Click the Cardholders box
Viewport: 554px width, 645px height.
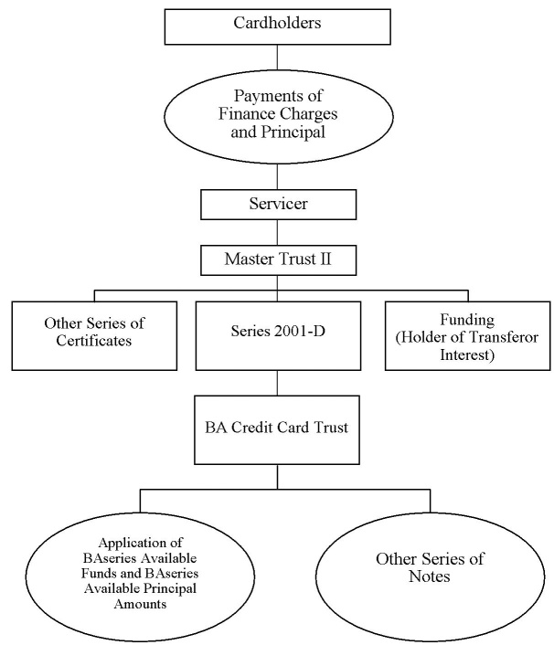coord(277,26)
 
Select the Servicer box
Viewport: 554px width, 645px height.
coord(278,205)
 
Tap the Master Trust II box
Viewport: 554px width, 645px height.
coord(278,260)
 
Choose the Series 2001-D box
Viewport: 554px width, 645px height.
coord(278,335)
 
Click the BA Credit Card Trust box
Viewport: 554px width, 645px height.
coord(277,430)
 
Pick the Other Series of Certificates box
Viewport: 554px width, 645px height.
coord(94,335)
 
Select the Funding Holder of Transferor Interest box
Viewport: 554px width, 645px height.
coord(467,335)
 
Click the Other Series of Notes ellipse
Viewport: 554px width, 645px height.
coord(430,576)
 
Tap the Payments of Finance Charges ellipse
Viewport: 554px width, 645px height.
coord(279,116)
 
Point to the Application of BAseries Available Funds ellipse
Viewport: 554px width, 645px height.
coord(140,576)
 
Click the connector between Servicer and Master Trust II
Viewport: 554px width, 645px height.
coord(277,232)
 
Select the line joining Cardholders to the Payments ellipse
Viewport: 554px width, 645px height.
coord(277,58)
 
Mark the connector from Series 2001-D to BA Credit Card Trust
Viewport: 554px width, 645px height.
coord(277,383)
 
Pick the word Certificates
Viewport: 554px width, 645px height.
coord(94,341)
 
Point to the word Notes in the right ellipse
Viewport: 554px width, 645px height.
coord(430,576)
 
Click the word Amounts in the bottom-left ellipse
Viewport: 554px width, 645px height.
coord(141,604)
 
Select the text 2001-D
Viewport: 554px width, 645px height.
coord(299,331)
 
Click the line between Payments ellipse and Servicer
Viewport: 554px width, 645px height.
coord(277,176)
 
